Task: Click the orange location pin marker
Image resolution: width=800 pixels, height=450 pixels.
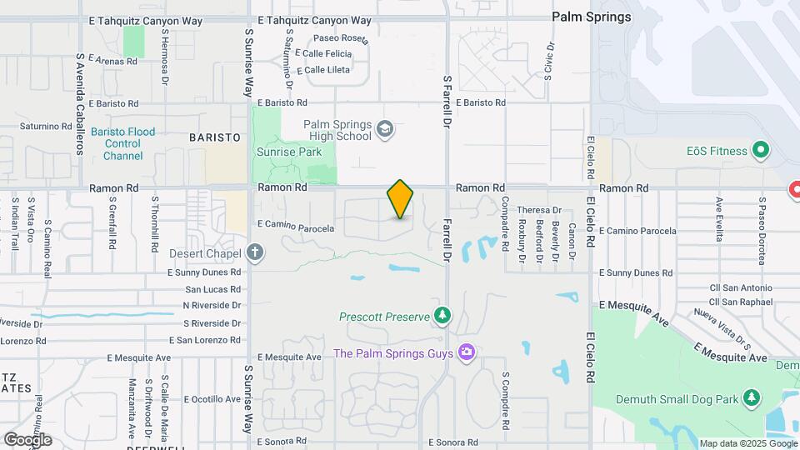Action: [400, 199]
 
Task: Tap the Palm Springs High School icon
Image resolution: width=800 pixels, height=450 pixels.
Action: [384, 129]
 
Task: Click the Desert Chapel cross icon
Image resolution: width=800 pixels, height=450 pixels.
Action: [255, 252]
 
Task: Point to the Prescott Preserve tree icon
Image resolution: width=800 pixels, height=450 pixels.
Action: [442, 316]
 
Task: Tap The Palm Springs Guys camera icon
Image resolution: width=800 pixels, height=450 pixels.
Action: [466, 352]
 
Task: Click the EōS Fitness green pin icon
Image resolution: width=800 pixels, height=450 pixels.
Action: [760, 151]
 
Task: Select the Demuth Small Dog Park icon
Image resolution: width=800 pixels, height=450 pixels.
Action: [752, 398]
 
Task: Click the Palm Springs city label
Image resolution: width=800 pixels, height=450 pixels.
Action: [592, 17]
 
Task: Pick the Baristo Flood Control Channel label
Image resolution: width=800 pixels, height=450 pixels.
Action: [123, 143]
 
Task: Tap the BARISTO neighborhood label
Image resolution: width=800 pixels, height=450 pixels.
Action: [214, 137]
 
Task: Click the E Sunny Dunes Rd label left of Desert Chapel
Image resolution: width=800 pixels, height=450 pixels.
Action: [204, 272]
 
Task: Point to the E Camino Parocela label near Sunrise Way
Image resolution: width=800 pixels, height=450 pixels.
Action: [296, 227]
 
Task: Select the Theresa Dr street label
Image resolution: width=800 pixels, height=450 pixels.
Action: [539, 211]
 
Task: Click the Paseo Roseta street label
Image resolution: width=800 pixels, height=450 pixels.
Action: [341, 38]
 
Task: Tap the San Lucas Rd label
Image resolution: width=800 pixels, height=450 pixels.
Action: [212, 289]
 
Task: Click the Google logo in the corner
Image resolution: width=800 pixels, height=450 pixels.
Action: [27, 439]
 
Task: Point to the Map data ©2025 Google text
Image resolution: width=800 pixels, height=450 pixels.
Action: [747, 443]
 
